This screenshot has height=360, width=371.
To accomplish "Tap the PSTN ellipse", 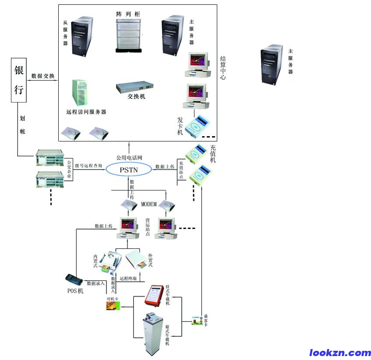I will (130, 168).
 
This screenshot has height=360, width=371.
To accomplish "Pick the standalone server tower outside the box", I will (272, 64).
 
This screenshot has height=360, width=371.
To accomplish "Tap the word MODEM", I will (148, 205).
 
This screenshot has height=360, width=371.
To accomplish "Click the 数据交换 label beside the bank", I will (43, 76).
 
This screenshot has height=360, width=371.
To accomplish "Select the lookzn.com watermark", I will (340, 353).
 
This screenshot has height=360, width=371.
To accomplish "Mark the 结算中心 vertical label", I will (223, 68).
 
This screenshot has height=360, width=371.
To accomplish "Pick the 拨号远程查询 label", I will (88, 166).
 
